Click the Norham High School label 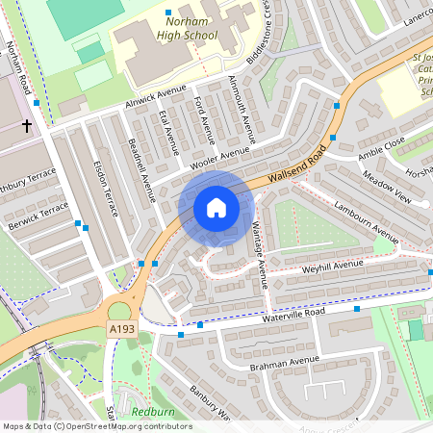(191, 28)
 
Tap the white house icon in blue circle (216, 208)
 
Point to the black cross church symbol (27, 125)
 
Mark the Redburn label (152, 411)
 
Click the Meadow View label (387, 188)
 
